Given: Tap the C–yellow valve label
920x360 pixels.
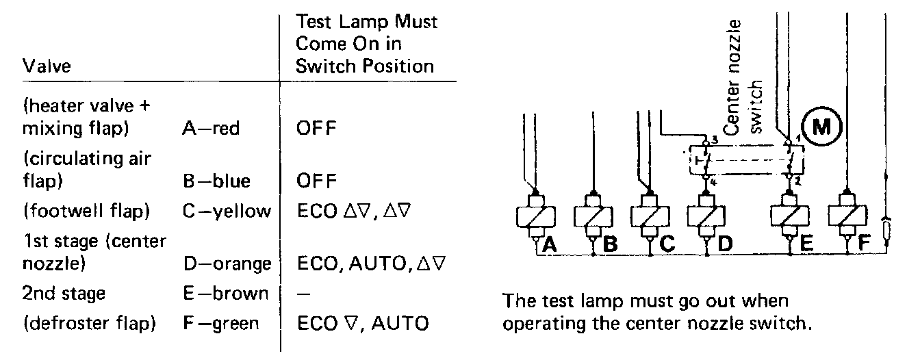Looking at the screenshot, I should (x=227, y=211).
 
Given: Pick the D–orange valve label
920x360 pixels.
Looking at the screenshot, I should (x=227, y=263).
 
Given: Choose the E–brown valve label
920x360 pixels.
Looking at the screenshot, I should (x=222, y=294).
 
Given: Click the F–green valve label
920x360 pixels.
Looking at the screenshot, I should (x=220, y=322).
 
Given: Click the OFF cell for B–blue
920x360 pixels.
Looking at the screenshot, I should (x=317, y=181).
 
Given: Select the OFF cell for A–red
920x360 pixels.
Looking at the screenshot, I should (x=317, y=128).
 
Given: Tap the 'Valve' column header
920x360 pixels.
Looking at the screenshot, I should (x=47, y=67).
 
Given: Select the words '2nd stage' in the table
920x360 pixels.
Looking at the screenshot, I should (x=64, y=294).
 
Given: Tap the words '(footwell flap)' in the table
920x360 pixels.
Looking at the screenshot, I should (x=86, y=211).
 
